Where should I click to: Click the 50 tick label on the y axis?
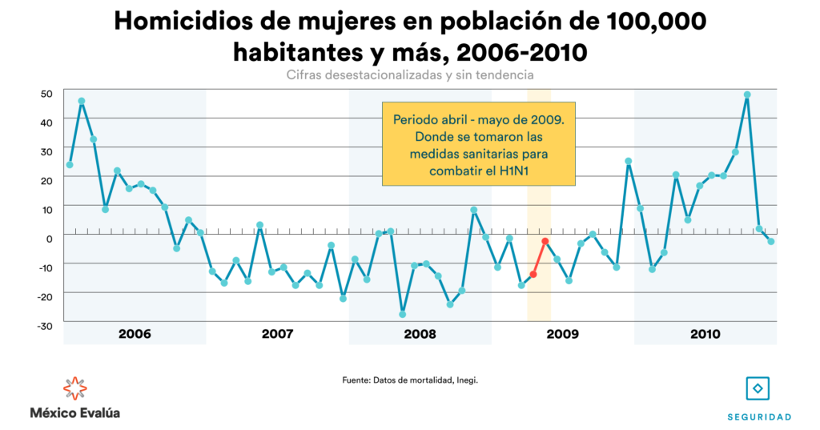coord(47,93)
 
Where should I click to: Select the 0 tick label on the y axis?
coord(50,237)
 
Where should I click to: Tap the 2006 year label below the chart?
coord(135,333)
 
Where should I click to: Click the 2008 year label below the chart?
coord(420,333)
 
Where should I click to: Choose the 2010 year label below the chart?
coord(705,333)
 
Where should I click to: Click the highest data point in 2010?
coord(747,94)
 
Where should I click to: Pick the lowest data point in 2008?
coord(403,314)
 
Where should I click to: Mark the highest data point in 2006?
coord(82,101)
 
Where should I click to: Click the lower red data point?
coord(533,274)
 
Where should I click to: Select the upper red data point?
coord(545,241)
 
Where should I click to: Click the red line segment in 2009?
coord(539,258)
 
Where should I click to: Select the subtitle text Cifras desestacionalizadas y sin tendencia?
coord(410,74)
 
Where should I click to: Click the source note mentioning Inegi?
coord(410,380)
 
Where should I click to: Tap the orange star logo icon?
coord(75,388)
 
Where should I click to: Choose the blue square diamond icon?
coord(758,388)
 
